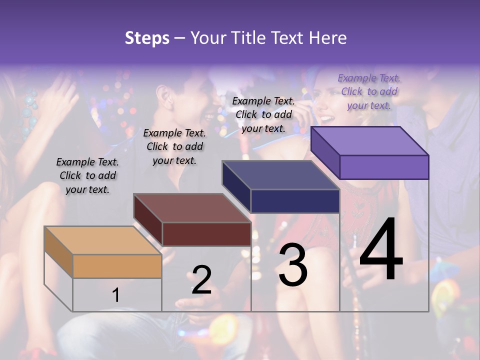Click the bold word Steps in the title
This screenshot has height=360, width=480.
point(147,38)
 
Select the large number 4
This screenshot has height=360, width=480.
point(381,251)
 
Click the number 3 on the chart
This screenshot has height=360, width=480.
point(293,265)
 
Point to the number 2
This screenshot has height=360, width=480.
point(201,280)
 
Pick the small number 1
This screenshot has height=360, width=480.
point(116,295)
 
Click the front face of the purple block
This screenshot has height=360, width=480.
point(384,167)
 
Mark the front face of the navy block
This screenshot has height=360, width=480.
point(295,201)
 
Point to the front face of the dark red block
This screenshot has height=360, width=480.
point(206,234)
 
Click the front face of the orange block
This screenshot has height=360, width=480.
point(117,266)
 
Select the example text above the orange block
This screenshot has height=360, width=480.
point(87,175)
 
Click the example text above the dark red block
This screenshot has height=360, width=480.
point(174,146)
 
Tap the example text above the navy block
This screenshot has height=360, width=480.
point(263,114)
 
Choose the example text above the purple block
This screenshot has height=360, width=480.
point(369,91)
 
